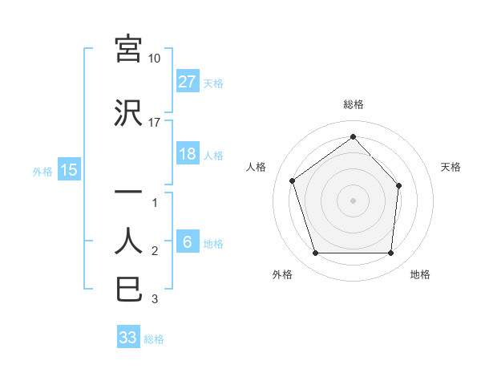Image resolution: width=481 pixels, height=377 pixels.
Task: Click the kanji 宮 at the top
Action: pyautogui.click(x=128, y=50)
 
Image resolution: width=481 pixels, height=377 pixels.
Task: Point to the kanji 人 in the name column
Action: pyautogui.click(x=128, y=241)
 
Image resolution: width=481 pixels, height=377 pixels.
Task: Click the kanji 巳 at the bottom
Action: pyautogui.click(x=128, y=289)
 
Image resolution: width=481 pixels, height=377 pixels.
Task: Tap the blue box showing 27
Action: pyautogui.click(x=188, y=82)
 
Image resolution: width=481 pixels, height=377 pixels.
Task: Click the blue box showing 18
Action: pyautogui.click(x=188, y=154)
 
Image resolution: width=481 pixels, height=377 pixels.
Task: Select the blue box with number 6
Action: pyautogui.click(x=188, y=243)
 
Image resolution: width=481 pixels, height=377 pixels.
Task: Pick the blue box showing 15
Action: pyautogui.click(x=68, y=170)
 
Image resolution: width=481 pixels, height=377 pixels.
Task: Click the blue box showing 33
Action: pyautogui.click(x=128, y=338)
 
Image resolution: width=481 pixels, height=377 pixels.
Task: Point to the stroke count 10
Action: pyautogui.click(x=155, y=59)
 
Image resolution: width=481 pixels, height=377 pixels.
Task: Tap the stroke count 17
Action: pyautogui.click(x=155, y=123)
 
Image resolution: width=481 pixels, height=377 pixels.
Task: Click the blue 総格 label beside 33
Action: pyautogui.click(x=154, y=339)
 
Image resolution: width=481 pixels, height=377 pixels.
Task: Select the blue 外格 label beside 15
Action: pyautogui.click(x=42, y=171)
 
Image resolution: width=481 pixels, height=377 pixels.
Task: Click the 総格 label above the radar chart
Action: pyautogui.click(x=353, y=104)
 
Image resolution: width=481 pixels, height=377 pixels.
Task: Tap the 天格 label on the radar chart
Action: pyautogui.click(x=451, y=167)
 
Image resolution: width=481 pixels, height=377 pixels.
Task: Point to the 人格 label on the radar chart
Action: pyautogui.click(x=256, y=167)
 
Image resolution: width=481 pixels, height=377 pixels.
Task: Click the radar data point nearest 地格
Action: pyautogui.click(x=390, y=253)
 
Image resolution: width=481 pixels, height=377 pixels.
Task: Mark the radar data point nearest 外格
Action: pyautogui.click(x=315, y=253)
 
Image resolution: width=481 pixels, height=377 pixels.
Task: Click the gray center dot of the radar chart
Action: pyautogui.click(x=353, y=200)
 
